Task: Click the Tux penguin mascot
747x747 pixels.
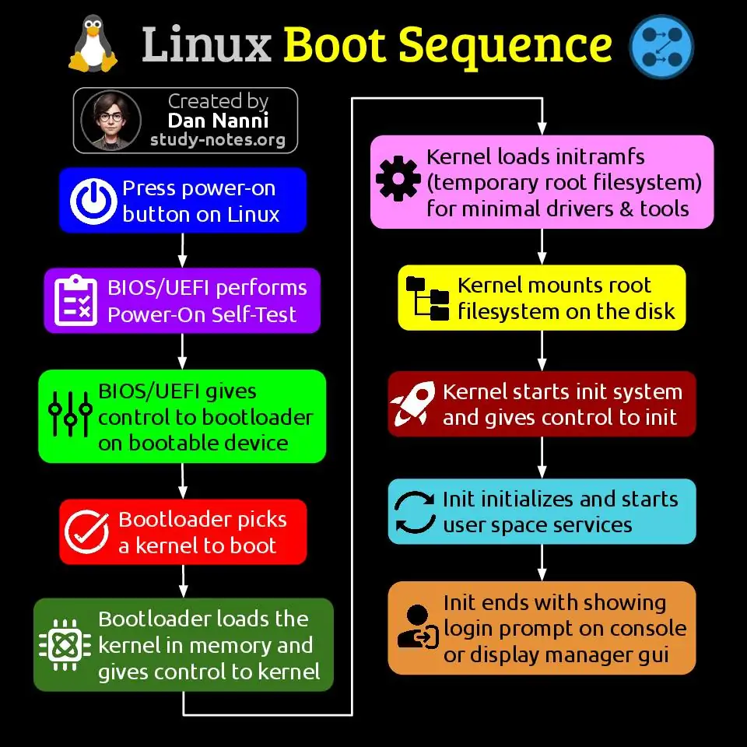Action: pos(93,44)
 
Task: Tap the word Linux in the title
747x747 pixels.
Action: pos(206,45)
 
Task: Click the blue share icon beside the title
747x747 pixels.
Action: pos(661,47)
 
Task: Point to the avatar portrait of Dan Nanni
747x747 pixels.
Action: pos(111,120)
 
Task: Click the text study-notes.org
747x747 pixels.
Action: pos(218,140)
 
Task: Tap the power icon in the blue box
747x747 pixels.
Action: pos(93,201)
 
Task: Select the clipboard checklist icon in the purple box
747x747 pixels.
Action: pos(75,300)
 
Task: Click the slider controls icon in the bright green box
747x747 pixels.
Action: pos(70,414)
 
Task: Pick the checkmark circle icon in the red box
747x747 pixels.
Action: pos(86,531)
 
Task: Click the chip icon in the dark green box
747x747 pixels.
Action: pos(65,645)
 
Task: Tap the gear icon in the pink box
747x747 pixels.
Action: pos(398,178)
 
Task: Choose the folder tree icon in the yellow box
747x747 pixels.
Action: pos(427,298)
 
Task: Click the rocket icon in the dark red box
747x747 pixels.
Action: pos(413,404)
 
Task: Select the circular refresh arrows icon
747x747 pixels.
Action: pos(415,512)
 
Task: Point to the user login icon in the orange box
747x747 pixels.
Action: pos(418,627)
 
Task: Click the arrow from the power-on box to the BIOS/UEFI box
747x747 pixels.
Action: pos(182,250)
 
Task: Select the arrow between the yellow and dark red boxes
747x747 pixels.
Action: pos(542,351)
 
